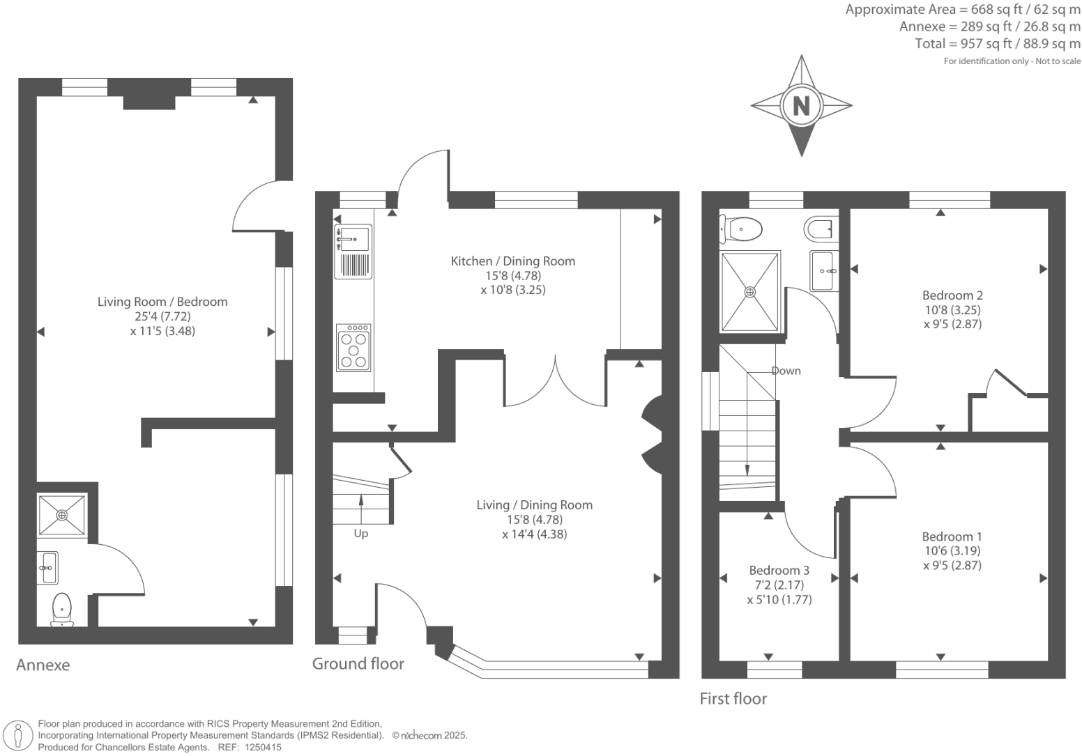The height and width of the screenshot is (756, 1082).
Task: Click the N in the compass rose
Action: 801,106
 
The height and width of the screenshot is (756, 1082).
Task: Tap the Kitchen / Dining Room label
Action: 512,261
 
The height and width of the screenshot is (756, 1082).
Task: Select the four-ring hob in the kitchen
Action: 353,348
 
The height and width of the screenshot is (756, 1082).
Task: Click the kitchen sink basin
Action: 353,238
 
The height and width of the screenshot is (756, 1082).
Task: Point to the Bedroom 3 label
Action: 779,570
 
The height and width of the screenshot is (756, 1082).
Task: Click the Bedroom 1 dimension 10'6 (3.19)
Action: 952,550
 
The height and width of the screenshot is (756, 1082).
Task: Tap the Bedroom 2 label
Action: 952,295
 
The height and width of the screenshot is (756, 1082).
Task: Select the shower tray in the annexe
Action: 62,515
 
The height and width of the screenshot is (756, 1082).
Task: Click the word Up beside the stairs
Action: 360,534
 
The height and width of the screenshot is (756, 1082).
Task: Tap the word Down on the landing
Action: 786,371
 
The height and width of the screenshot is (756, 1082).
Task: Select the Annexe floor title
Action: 43,665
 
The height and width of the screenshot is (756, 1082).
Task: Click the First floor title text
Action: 733,699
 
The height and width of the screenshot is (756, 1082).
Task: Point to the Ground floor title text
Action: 358,663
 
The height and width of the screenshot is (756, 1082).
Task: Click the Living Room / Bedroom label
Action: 162,302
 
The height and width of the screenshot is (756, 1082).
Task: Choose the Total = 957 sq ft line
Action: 997,44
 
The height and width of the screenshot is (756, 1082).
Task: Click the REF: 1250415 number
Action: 261,747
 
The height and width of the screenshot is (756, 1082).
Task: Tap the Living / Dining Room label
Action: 534,505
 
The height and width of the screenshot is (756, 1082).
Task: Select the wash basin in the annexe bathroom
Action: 48,567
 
